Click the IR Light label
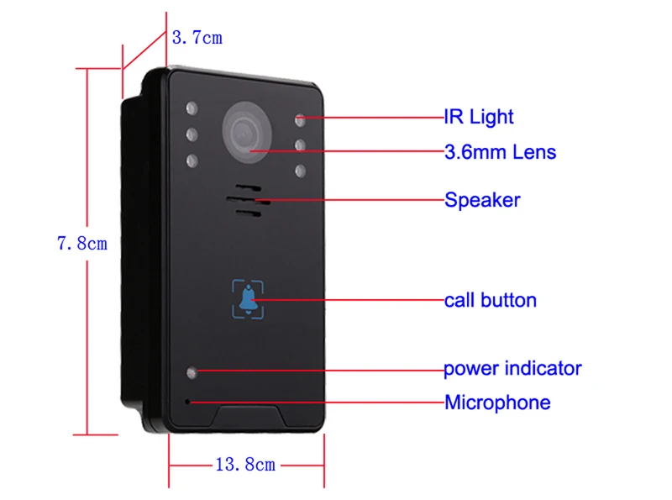(478, 117)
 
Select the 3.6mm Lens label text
(500, 152)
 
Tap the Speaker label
(481, 200)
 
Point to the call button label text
(490, 300)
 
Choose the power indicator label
(512, 368)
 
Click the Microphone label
(497, 403)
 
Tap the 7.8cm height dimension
(82, 245)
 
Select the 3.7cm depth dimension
(197, 38)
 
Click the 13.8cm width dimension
(244, 464)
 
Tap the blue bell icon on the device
(248, 299)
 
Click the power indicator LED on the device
(192, 371)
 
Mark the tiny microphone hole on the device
(187, 400)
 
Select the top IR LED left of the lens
(192, 108)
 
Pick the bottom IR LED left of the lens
(192, 159)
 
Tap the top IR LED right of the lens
(300, 119)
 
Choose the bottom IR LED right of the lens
(300, 171)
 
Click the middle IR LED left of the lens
(192, 134)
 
